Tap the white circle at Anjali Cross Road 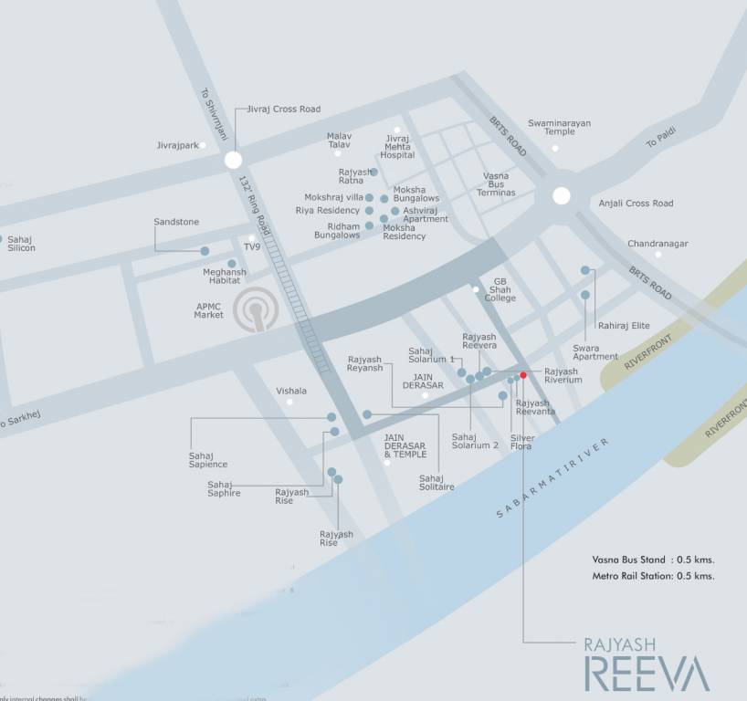tap(561, 195)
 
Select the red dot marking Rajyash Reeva tap(523, 375)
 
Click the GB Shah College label tap(500, 290)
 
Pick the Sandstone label tap(176, 222)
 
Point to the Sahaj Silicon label tap(21, 244)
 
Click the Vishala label tap(291, 391)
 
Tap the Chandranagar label tap(658, 244)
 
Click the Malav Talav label tap(339, 141)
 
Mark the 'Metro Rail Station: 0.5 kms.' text tap(653, 576)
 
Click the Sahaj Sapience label tap(207, 460)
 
